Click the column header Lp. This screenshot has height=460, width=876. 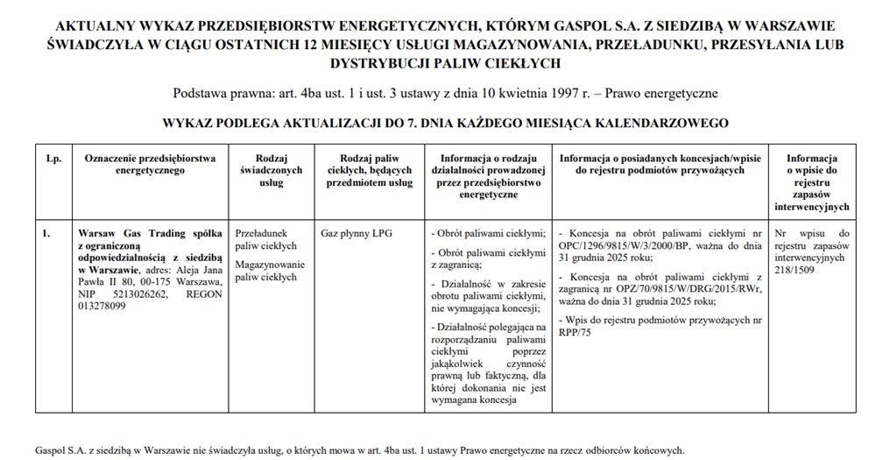pos(52,159)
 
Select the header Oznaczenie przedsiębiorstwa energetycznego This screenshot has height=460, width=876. pos(150,164)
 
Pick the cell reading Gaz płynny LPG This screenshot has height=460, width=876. pos(352,234)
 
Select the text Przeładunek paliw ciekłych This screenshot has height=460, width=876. pos(267,240)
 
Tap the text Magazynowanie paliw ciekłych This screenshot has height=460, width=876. pos(269,271)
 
